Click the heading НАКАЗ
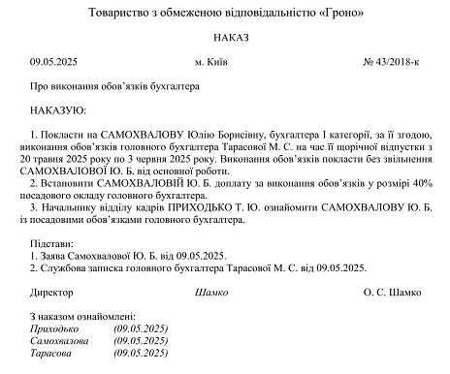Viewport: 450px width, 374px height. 224,37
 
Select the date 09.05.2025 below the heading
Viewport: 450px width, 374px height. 55,62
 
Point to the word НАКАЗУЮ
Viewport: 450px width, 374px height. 59,110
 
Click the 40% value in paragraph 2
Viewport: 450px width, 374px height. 418,180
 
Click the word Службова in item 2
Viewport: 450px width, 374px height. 64,267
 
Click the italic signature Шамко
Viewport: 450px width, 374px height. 211,292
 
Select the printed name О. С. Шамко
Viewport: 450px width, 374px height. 394,292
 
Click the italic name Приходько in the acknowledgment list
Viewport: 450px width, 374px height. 55,329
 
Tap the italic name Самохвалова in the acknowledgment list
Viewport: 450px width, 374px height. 60,342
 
